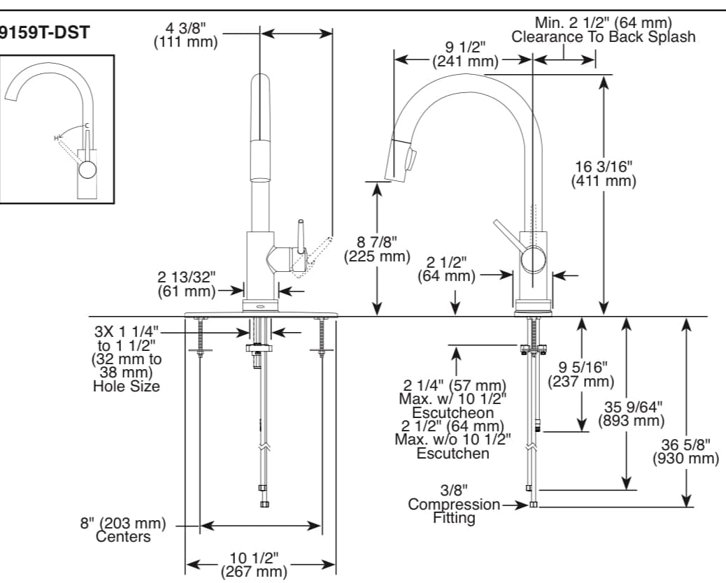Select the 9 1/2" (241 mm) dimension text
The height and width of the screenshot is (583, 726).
pyautogui.click(x=465, y=55)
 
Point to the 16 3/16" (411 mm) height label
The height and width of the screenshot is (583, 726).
pyautogui.click(x=604, y=174)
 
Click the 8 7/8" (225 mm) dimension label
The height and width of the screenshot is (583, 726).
pyautogui.click(x=376, y=250)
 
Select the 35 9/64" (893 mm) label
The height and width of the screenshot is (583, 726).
pyautogui.click(x=632, y=414)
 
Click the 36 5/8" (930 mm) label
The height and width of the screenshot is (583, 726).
pyautogui.click(x=685, y=452)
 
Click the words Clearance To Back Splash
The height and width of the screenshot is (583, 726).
pyautogui.click(x=604, y=37)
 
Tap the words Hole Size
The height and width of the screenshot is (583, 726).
pyautogui.click(x=127, y=386)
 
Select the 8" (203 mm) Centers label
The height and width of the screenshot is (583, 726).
pyautogui.click(x=122, y=530)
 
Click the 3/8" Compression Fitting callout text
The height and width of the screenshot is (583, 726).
pyautogui.click(x=454, y=504)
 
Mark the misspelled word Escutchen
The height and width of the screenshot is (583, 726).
pyautogui.click(x=453, y=453)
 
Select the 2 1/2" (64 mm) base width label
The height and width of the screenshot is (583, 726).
pyautogui.click(x=447, y=269)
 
